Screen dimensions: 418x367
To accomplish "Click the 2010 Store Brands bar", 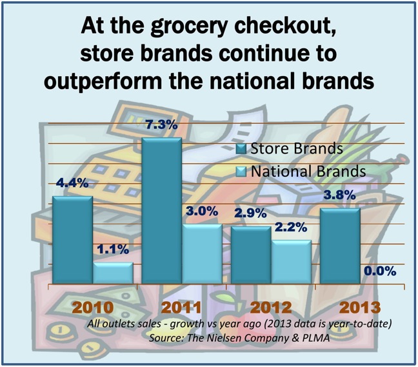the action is pos(72,240).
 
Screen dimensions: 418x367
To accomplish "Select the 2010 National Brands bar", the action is pos(113,273).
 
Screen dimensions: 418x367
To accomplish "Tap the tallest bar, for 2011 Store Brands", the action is pos(162,210).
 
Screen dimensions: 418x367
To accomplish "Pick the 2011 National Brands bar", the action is pos(202,253).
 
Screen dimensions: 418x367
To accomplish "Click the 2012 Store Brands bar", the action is pos(251,255).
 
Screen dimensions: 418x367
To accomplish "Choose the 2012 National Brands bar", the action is pos(291,262).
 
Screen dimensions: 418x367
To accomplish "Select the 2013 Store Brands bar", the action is pos(340,246).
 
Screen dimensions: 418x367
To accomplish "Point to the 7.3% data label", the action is pos(161,124).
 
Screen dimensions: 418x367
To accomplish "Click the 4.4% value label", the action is pos(72,183).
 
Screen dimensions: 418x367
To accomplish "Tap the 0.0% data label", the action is pos(380,271).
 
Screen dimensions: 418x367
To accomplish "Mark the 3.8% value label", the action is pos(339,195).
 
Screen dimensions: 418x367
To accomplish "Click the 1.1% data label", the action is pos(113,249).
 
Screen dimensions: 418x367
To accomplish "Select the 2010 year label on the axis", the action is pos(93,307).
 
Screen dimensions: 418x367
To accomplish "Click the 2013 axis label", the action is pos(360,307).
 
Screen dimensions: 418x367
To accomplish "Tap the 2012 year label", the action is pos(271,307).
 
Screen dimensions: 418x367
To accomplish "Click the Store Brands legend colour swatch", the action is pos(241,149).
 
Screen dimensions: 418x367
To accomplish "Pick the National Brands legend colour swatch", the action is pos(241,172).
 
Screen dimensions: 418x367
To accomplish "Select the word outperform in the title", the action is pos(103,81).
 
